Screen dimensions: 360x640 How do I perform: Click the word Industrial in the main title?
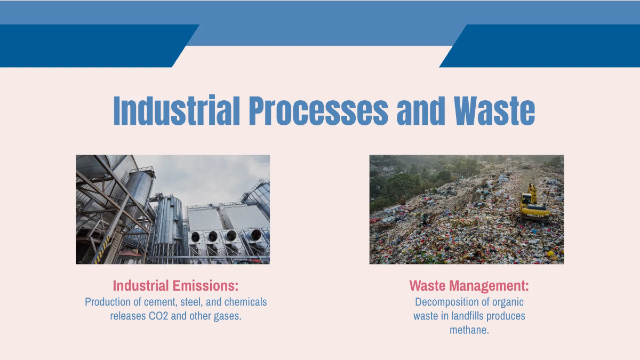[x=175, y=111]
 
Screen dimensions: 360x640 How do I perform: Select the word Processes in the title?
[x=318, y=111]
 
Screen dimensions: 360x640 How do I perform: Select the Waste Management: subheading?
[x=469, y=285]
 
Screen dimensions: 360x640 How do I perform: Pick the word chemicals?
[x=245, y=302]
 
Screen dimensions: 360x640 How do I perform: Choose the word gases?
[x=228, y=316]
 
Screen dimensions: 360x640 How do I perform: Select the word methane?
[x=469, y=330]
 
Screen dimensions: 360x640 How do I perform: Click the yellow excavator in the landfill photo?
[x=533, y=205]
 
